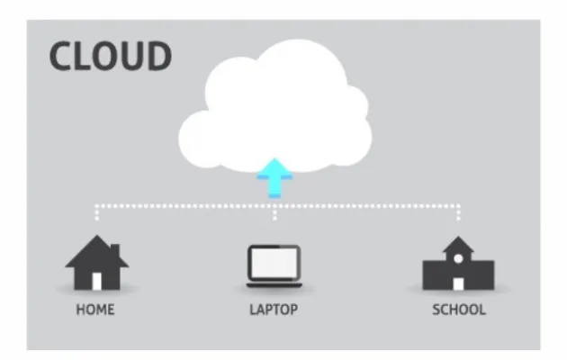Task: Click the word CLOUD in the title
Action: click(x=111, y=56)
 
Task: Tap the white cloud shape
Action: click(x=274, y=106)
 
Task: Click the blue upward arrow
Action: click(x=274, y=178)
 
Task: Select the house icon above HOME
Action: click(x=97, y=263)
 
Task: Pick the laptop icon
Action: click(x=274, y=266)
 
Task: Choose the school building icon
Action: click(x=458, y=263)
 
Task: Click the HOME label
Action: click(x=95, y=310)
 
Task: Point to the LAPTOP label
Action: click(x=274, y=310)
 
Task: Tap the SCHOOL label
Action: click(x=459, y=310)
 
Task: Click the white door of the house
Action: click(x=97, y=282)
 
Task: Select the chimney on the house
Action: click(x=115, y=250)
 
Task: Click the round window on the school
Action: click(x=458, y=259)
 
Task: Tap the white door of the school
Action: click(x=458, y=284)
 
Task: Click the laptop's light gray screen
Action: click(x=274, y=263)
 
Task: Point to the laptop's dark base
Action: click(x=274, y=285)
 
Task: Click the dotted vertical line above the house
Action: click(x=96, y=212)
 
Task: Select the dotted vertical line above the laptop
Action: click(x=274, y=213)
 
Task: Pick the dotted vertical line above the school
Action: click(x=458, y=212)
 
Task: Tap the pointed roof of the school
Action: click(x=458, y=244)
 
